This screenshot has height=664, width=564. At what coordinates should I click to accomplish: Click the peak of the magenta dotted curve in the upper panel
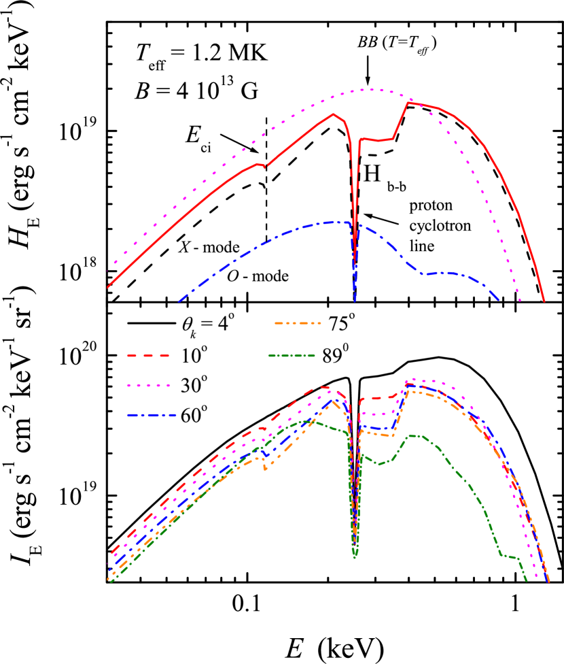coord(371,89)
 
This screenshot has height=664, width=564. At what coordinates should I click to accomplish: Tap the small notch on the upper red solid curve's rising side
coord(265,165)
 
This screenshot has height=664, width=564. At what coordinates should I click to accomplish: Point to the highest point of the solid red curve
coord(408,103)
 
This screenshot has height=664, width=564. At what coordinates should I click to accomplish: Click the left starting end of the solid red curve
coord(108,286)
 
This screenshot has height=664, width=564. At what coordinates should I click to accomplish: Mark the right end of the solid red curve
coord(544,301)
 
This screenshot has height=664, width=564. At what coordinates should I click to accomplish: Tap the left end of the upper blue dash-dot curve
coord(179,300)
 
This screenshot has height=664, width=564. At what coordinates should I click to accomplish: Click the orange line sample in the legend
coord(298,323)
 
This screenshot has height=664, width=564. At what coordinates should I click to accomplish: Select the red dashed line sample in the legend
coord(148,355)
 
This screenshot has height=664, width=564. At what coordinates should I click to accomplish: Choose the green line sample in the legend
coord(292,355)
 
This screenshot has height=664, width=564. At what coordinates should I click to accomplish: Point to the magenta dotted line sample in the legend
coord(148,385)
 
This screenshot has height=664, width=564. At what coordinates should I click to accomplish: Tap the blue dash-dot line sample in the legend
coord(152,415)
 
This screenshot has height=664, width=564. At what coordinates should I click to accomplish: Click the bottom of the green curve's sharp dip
coord(355,557)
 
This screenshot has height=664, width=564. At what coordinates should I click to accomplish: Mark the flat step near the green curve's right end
coord(510,557)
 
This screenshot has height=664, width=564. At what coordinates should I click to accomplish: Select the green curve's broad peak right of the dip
coord(415,435)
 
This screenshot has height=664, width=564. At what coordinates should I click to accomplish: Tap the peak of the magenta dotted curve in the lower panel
coord(412,380)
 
